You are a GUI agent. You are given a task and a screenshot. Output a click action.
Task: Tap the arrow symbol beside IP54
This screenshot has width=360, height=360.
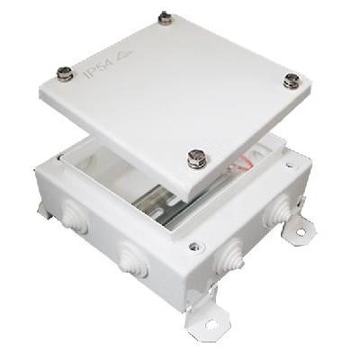[122, 56]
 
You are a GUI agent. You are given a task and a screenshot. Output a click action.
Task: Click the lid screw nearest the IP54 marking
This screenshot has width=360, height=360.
[65, 74]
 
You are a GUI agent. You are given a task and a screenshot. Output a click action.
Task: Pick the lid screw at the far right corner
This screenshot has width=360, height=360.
[292, 81]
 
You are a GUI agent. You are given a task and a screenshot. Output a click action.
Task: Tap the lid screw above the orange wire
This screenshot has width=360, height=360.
[197, 158]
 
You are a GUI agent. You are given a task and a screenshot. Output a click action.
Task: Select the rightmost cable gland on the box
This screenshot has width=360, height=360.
[277, 211]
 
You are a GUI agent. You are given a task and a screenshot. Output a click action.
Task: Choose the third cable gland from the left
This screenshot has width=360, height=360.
[229, 256]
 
